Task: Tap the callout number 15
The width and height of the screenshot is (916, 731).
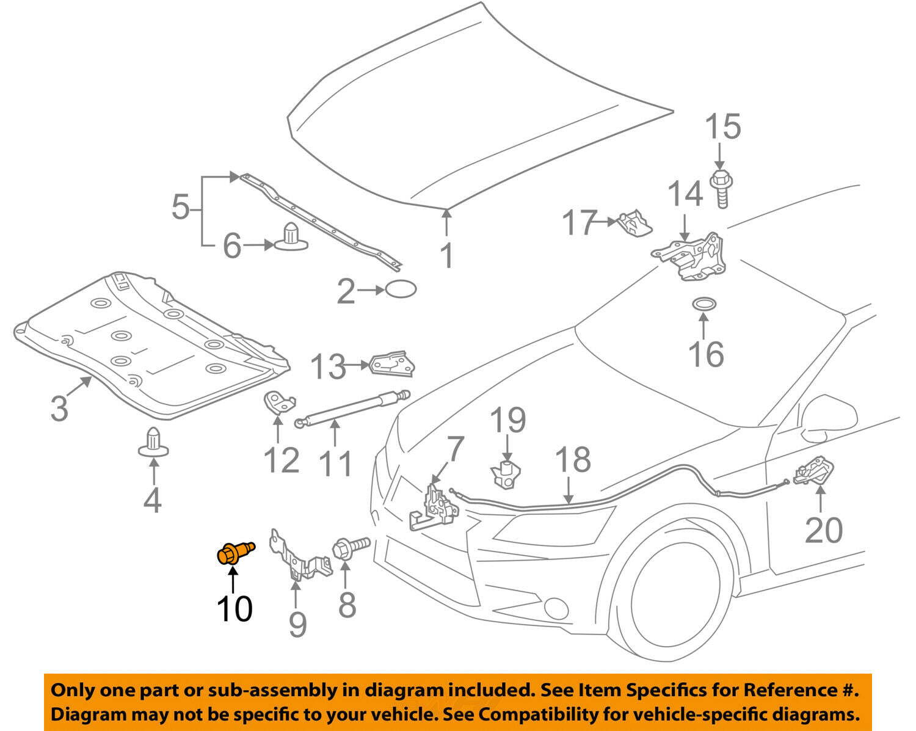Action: click(722, 127)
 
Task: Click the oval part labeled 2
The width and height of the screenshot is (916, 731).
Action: click(401, 289)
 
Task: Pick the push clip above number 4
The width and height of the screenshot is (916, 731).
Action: click(153, 442)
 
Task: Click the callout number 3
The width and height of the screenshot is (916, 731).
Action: click(59, 408)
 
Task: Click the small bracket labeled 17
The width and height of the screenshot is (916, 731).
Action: click(635, 222)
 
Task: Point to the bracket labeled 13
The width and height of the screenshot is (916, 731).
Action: click(391, 363)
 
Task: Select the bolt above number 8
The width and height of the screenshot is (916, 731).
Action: click(351, 545)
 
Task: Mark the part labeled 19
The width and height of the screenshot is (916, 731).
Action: click(505, 474)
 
